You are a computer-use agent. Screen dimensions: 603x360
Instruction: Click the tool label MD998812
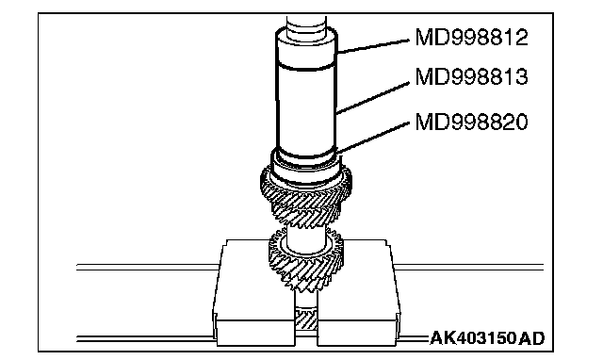[x=471, y=38]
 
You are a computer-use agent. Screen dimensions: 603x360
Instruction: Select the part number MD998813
[x=471, y=76]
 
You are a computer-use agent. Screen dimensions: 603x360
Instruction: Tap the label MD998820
[x=471, y=122]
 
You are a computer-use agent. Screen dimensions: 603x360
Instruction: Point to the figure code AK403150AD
[x=487, y=338]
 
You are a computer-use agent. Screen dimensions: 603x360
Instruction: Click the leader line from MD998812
[x=373, y=46]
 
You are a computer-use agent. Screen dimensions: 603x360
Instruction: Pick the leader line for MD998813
[x=373, y=98]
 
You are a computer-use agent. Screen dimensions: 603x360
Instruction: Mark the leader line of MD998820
[x=373, y=139]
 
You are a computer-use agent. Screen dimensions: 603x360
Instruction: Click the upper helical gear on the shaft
[x=306, y=196]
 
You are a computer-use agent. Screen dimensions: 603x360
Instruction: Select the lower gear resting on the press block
[x=306, y=258]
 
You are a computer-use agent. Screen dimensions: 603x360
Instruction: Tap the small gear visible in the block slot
[x=306, y=319]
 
